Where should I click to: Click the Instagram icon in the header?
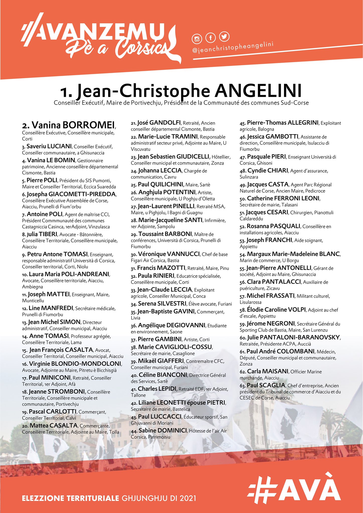197,39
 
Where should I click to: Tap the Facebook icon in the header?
210,38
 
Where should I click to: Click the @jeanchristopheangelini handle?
233,47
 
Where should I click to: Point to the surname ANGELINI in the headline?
258,91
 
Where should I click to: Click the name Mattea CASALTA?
53,425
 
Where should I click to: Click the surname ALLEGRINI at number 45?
303,123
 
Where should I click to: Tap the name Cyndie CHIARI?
268,171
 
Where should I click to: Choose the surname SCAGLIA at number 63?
272,385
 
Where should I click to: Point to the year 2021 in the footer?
186,498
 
